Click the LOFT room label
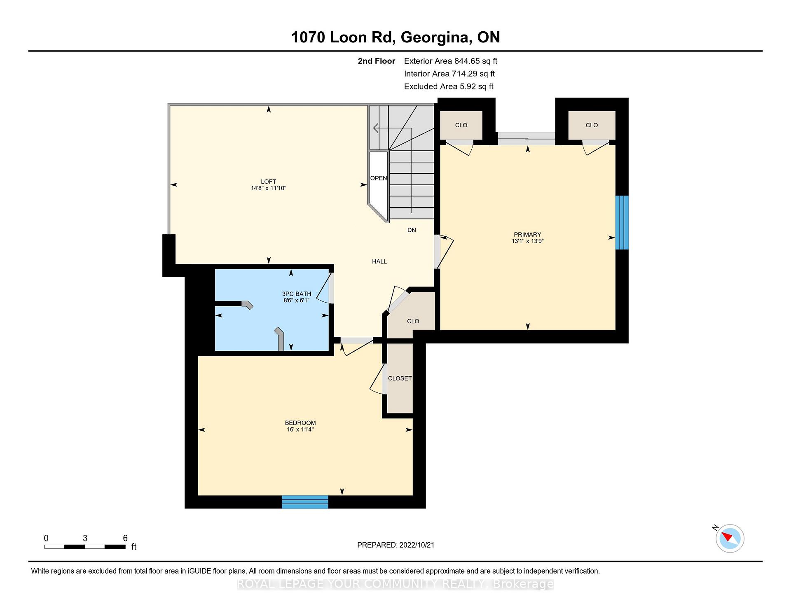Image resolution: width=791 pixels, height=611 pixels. (268, 182)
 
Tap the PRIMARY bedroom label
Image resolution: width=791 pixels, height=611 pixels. (527, 235)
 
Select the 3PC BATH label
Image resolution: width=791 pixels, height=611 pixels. (297, 294)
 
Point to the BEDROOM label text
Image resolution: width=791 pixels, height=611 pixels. (300, 423)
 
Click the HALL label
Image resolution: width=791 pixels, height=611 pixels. (379, 261)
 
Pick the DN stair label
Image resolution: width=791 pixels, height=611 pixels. (412, 230)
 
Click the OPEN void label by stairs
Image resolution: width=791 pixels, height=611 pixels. (379, 178)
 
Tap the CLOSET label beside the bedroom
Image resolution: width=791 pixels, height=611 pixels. (400, 378)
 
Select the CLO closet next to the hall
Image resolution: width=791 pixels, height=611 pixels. (413, 321)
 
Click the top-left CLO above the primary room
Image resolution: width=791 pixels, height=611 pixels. (461, 125)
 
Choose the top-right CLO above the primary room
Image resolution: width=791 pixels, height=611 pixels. (592, 125)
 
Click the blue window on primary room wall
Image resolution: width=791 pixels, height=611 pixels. (622, 222)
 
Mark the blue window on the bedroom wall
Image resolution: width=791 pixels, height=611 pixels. (305, 502)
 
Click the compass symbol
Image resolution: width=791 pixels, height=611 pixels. (730, 538)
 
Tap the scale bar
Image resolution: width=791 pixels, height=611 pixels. (85, 547)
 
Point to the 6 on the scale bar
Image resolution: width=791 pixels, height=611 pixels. (125, 538)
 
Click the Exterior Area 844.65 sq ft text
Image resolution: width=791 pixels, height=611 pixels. (451, 61)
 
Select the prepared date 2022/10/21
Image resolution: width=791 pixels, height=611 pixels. (417, 545)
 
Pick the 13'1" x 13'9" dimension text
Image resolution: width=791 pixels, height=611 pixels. (527, 241)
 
